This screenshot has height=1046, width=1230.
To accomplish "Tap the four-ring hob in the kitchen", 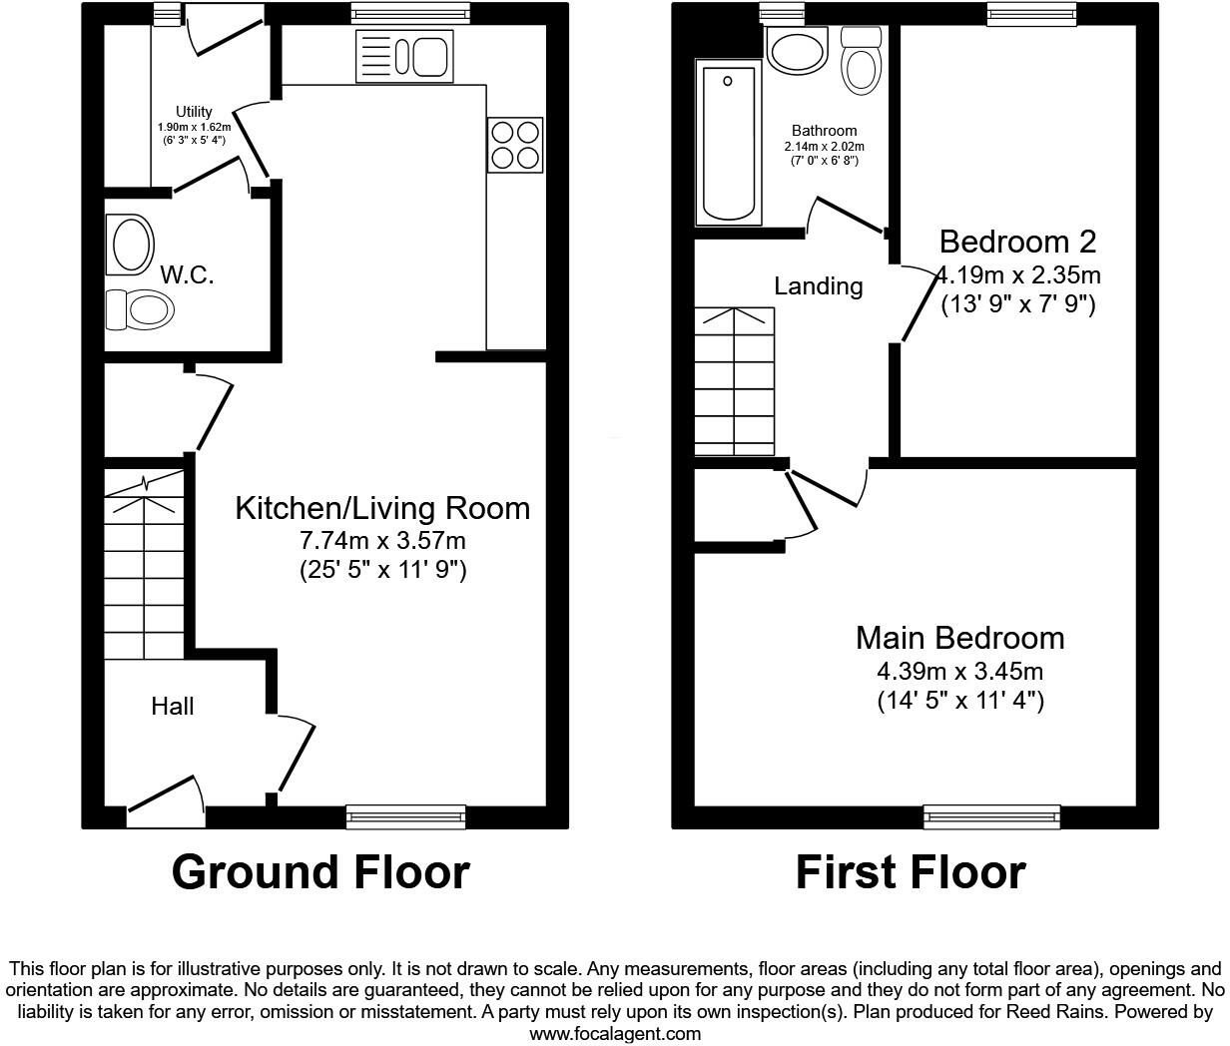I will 515,145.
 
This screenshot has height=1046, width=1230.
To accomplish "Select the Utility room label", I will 194,112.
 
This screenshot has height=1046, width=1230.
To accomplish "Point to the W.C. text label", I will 187,274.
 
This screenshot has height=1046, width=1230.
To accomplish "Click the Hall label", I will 173,707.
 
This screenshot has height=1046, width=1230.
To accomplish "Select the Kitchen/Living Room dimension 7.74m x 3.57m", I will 383,541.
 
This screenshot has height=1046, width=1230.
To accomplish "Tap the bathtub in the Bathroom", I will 728,142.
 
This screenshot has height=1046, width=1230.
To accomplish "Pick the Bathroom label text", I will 824,131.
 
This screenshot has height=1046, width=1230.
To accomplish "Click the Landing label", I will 819,286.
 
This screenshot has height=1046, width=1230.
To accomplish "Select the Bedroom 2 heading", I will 1017,242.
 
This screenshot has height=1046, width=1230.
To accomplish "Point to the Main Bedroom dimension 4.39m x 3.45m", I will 959,672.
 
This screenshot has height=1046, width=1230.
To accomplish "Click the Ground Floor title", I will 319,872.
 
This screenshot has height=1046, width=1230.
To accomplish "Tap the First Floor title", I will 910,872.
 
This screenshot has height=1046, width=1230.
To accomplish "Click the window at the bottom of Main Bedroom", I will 991,816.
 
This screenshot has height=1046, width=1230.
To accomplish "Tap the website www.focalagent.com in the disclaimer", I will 615,1033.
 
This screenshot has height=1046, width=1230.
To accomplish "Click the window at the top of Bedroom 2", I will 1031,13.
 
